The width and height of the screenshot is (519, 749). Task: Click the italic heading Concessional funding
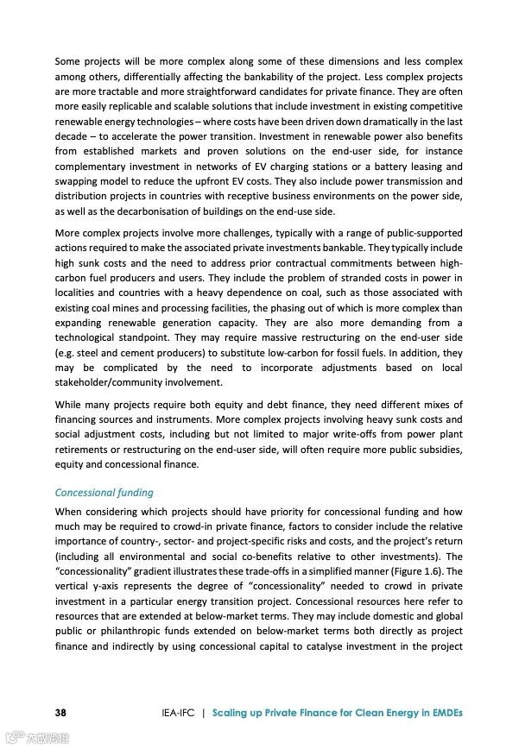tap(104, 493)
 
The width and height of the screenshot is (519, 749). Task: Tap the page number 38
tap(61, 713)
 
